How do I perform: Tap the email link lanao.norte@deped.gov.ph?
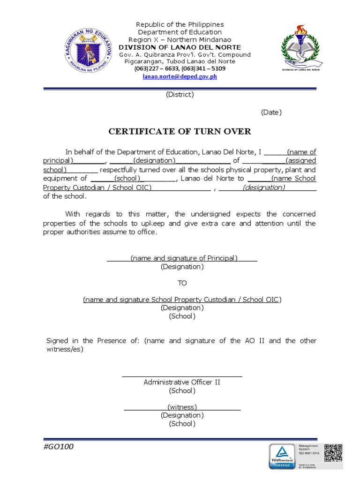click(180, 76)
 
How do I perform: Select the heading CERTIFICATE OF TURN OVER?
click(180, 132)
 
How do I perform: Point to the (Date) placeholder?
click(271, 112)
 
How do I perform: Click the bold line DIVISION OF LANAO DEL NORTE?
click(180, 47)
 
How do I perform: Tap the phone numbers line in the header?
click(180, 69)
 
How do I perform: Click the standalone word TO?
click(182, 283)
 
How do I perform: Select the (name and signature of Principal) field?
click(184, 258)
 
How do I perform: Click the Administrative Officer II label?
click(182, 382)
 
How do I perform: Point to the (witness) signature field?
click(182, 407)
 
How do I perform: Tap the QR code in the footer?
click(333, 453)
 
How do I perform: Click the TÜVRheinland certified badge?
click(282, 456)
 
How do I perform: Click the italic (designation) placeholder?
click(263, 187)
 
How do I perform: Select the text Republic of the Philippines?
click(180, 24)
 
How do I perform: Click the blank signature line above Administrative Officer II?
click(182, 375)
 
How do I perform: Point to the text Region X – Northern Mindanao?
click(180, 40)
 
